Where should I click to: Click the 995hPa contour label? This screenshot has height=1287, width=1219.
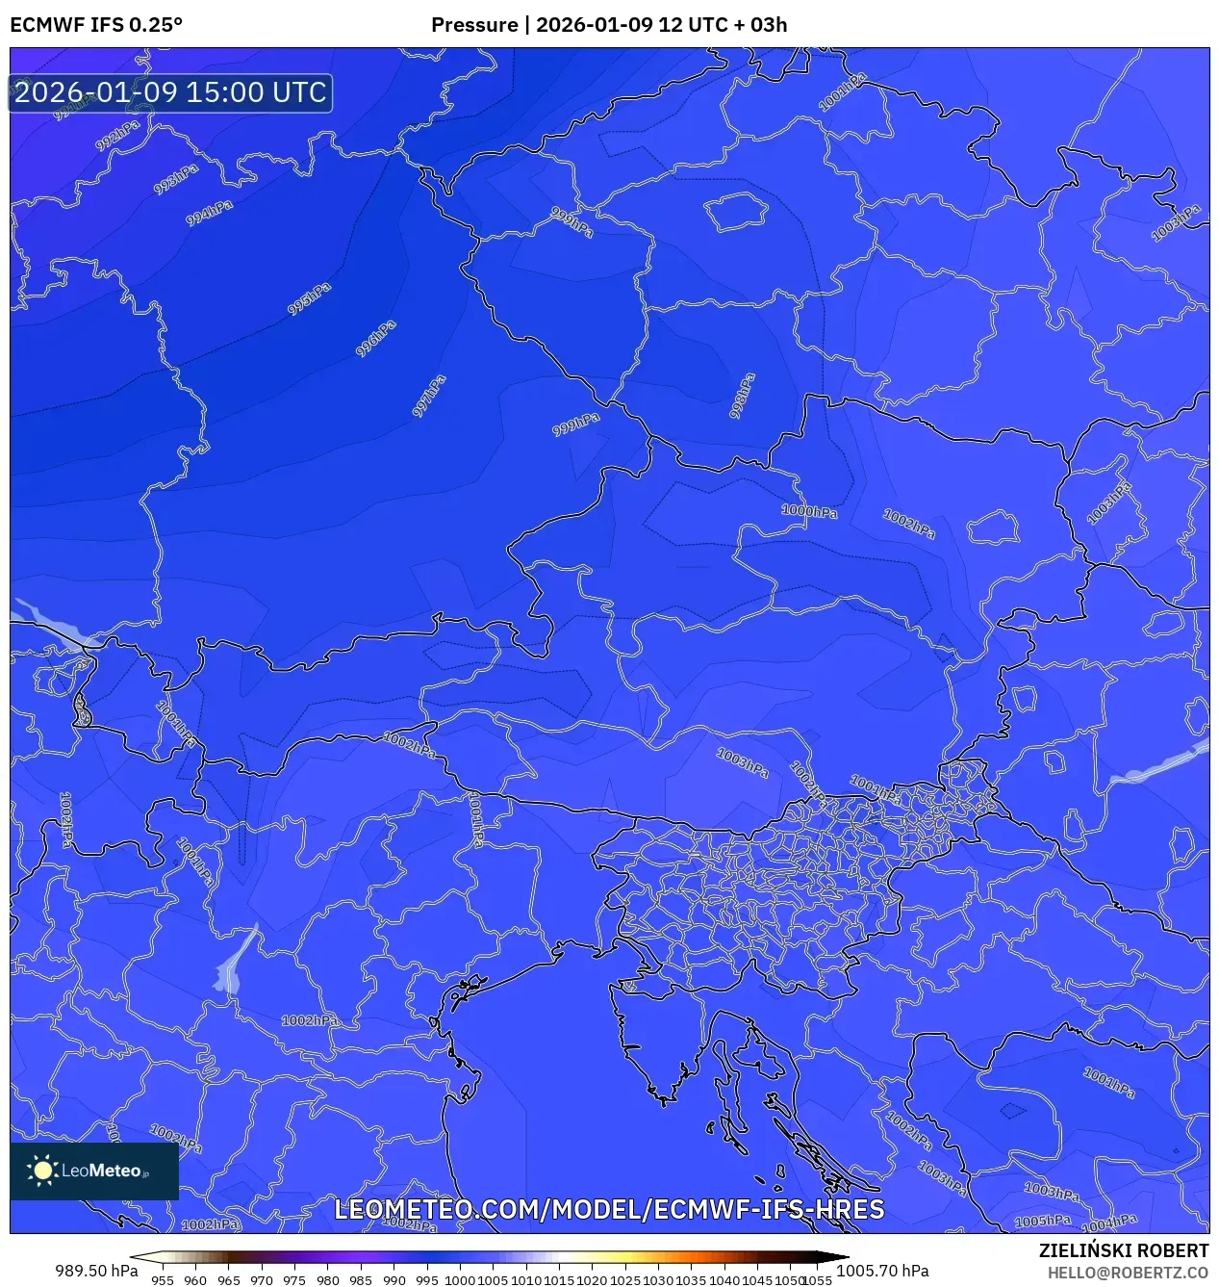(x=309, y=299)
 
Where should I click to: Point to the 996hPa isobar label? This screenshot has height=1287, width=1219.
(x=375, y=339)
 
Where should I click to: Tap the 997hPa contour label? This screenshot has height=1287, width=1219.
(x=429, y=396)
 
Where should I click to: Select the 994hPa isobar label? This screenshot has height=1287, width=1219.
(x=209, y=213)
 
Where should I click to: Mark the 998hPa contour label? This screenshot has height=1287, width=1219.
(x=742, y=395)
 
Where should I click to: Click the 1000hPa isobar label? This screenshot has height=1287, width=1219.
(x=809, y=511)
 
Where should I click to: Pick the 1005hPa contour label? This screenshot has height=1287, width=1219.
(x=1043, y=1221)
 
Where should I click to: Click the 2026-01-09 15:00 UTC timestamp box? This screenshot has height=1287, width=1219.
(x=170, y=92)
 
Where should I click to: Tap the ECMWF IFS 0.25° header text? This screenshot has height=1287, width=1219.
(x=96, y=25)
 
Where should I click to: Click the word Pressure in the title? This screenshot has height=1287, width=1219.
(x=473, y=25)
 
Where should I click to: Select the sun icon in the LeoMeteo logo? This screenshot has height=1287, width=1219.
(x=43, y=1171)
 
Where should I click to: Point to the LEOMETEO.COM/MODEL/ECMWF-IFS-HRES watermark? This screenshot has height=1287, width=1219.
(x=609, y=1210)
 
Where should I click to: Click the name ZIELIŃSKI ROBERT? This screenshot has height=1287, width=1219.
(x=1123, y=1250)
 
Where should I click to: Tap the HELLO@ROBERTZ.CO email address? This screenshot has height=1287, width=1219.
(x=1128, y=1273)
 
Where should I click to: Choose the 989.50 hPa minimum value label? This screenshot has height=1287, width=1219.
(x=96, y=1271)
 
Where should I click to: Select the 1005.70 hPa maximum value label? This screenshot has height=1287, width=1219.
(x=882, y=1271)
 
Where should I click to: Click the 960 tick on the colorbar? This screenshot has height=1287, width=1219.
(x=195, y=1280)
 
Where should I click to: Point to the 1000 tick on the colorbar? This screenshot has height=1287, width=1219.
(x=460, y=1280)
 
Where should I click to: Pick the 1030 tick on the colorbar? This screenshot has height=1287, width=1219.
(x=658, y=1280)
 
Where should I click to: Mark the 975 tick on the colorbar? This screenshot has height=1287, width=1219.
(x=294, y=1280)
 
